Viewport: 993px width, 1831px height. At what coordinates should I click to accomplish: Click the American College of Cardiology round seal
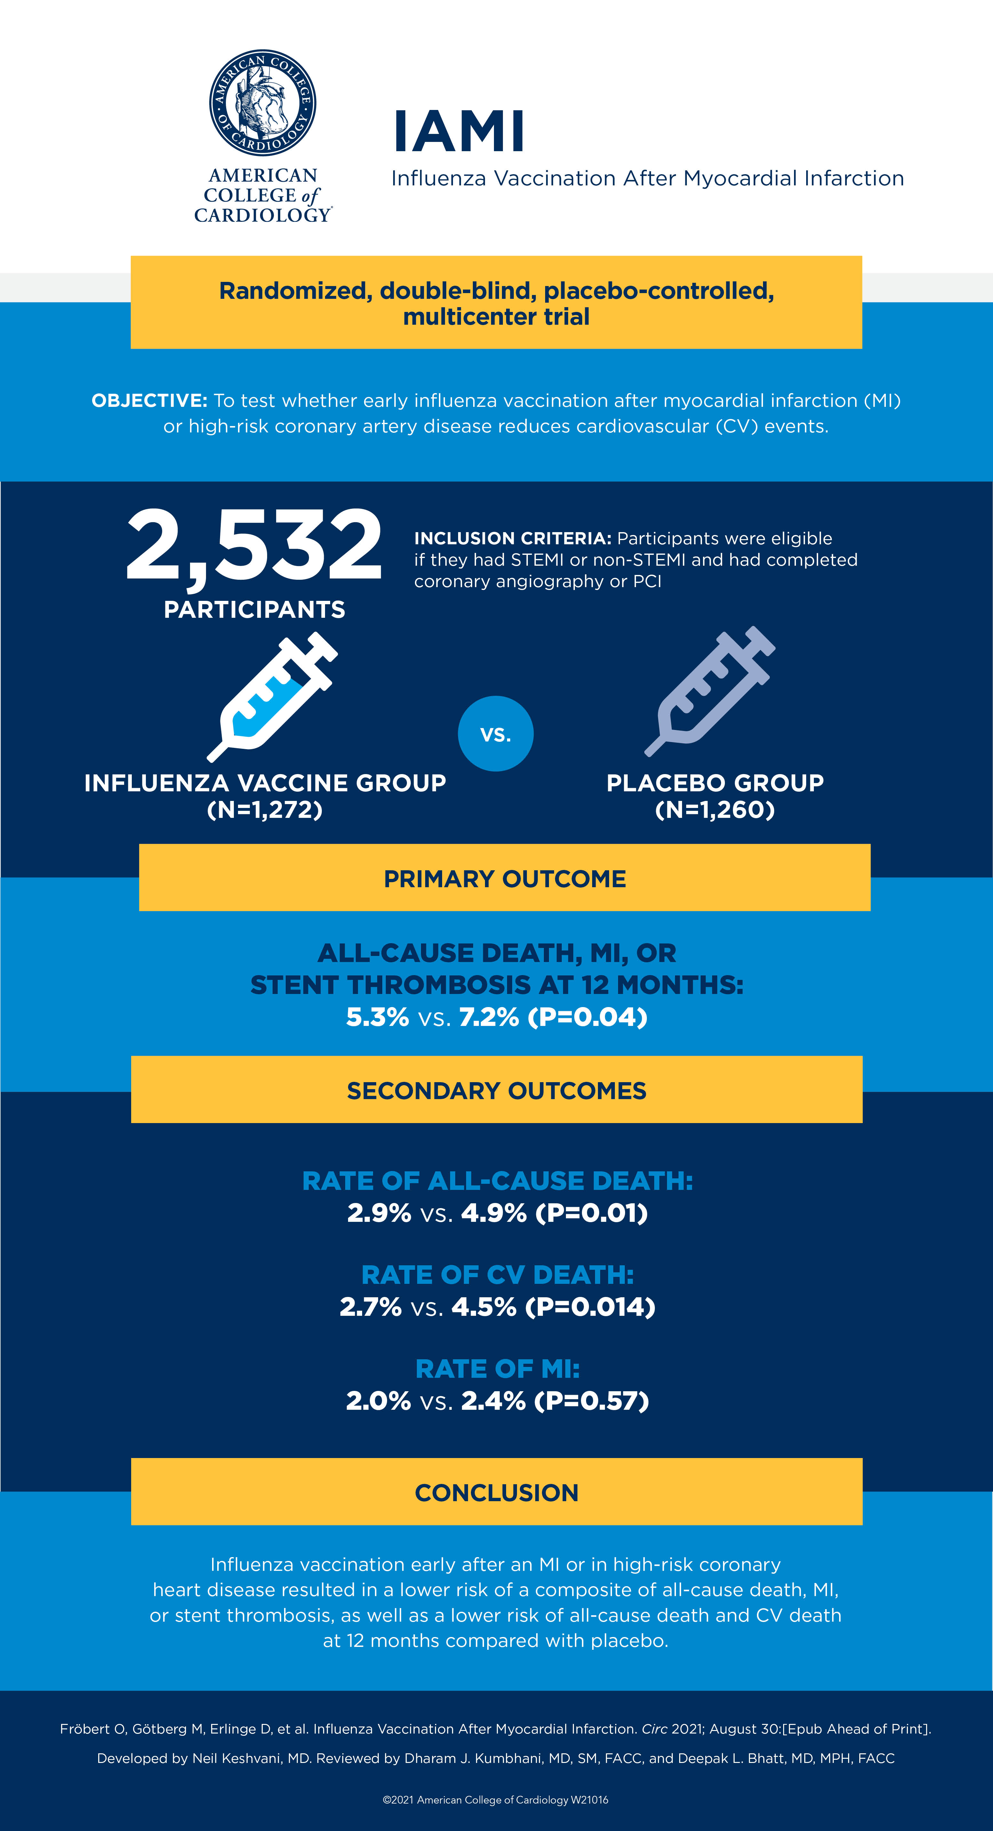[x=262, y=103]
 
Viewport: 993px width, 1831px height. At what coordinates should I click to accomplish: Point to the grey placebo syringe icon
[x=710, y=691]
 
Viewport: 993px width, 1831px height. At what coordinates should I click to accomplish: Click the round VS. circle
[x=496, y=733]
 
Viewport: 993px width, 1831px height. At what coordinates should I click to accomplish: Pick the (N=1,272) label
[x=265, y=810]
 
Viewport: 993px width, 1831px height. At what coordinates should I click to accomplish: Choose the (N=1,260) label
[x=715, y=810]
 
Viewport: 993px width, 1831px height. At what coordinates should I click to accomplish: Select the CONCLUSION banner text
[x=496, y=1493]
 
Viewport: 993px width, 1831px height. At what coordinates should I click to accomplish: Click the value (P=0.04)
[x=588, y=1017]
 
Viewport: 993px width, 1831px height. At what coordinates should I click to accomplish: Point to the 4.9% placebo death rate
[x=494, y=1213]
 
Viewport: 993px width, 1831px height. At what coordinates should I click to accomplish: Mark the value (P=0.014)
[x=590, y=1307]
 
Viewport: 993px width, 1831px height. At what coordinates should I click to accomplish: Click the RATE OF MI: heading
[x=497, y=1369]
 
